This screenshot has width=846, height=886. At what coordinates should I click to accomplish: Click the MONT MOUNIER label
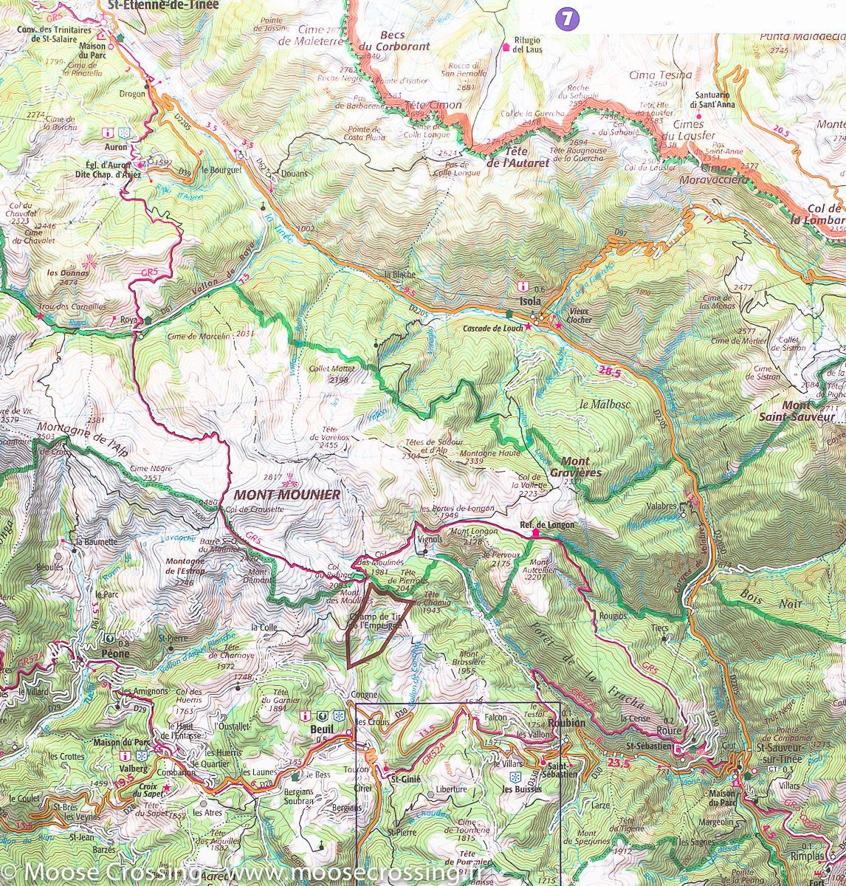coord(286,495)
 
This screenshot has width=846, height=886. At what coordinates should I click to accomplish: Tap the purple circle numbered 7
coord(566,19)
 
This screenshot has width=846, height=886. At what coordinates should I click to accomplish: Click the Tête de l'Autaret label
coord(517,157)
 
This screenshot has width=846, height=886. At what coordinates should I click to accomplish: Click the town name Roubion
coord(567,724)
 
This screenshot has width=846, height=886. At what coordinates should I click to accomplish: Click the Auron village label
coord(115,146)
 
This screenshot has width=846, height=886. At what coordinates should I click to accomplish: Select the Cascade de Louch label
coord(492,328)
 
